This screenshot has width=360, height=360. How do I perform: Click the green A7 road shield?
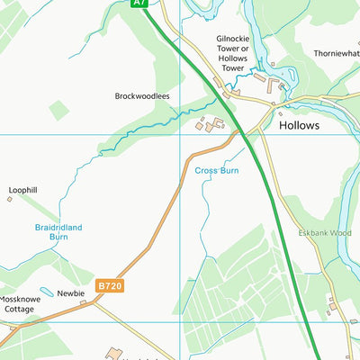(x=138, y=4)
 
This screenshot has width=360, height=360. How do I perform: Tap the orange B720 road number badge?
(x=109, y=285)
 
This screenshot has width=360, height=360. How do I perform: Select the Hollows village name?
(x=299, y=126)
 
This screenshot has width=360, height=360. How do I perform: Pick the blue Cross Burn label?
(x=215, y=169)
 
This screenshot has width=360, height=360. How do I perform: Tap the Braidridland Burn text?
(x=58, y=232)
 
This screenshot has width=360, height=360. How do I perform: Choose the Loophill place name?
(x=23, y=190)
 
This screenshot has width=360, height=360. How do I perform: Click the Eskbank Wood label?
(x=326, y=232)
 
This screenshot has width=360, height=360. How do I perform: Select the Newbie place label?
(x=71, y=293)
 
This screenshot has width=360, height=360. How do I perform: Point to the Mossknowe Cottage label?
(x=17, y=304)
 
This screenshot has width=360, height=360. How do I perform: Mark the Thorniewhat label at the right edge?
(x=337, y=53)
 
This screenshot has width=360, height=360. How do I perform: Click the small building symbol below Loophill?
(x=10, y=199)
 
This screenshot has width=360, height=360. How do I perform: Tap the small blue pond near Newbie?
(x=46, y=292)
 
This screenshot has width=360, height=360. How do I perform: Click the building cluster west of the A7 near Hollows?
(x=212, y=125)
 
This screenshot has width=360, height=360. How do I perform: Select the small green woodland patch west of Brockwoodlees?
(x=58, y=110)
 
